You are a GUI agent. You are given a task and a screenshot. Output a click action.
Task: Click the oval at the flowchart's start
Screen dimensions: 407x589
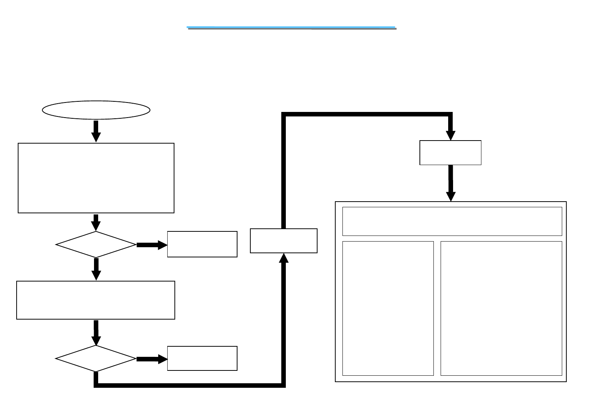coord(96,110)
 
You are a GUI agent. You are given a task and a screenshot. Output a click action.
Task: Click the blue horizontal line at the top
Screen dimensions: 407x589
coord(291,28)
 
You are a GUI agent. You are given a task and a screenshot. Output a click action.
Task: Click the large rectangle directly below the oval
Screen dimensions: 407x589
coord(96,178)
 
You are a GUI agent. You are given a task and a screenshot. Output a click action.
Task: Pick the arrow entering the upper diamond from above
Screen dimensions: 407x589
coord(96,222)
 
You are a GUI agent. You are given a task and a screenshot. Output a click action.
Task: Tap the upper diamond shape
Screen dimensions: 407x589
coord(96,245)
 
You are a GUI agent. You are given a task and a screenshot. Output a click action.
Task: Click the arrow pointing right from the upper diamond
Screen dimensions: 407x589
coord(151,245)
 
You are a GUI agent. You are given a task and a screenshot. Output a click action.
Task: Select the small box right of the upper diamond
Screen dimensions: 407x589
coord(202,244)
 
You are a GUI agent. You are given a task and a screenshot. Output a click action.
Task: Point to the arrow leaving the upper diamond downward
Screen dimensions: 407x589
coord(96,269)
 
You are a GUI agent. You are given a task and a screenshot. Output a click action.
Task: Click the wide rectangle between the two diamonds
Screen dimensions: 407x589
coord(96,300)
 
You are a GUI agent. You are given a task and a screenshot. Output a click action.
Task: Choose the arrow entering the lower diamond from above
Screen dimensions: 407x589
coord(96,332)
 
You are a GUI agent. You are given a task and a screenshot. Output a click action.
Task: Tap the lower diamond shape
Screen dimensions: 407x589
coord(96,358)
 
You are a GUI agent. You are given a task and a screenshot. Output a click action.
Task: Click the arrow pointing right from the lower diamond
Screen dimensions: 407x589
coord(151,359)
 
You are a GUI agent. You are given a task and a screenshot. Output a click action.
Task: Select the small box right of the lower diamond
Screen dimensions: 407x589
coord(202,358)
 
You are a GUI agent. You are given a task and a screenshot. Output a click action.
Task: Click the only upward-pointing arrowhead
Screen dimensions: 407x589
coord(284,258)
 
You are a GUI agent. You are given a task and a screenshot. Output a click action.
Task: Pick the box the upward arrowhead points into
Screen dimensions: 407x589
coord(284,240)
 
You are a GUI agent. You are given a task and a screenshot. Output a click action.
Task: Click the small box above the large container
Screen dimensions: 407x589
coord(450,153)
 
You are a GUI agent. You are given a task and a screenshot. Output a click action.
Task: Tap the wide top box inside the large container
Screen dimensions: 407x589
coord(452,221)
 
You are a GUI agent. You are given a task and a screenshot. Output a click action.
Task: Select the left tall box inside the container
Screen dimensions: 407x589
coord(388,308)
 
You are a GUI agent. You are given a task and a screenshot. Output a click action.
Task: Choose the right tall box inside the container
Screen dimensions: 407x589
coord(501,308)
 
